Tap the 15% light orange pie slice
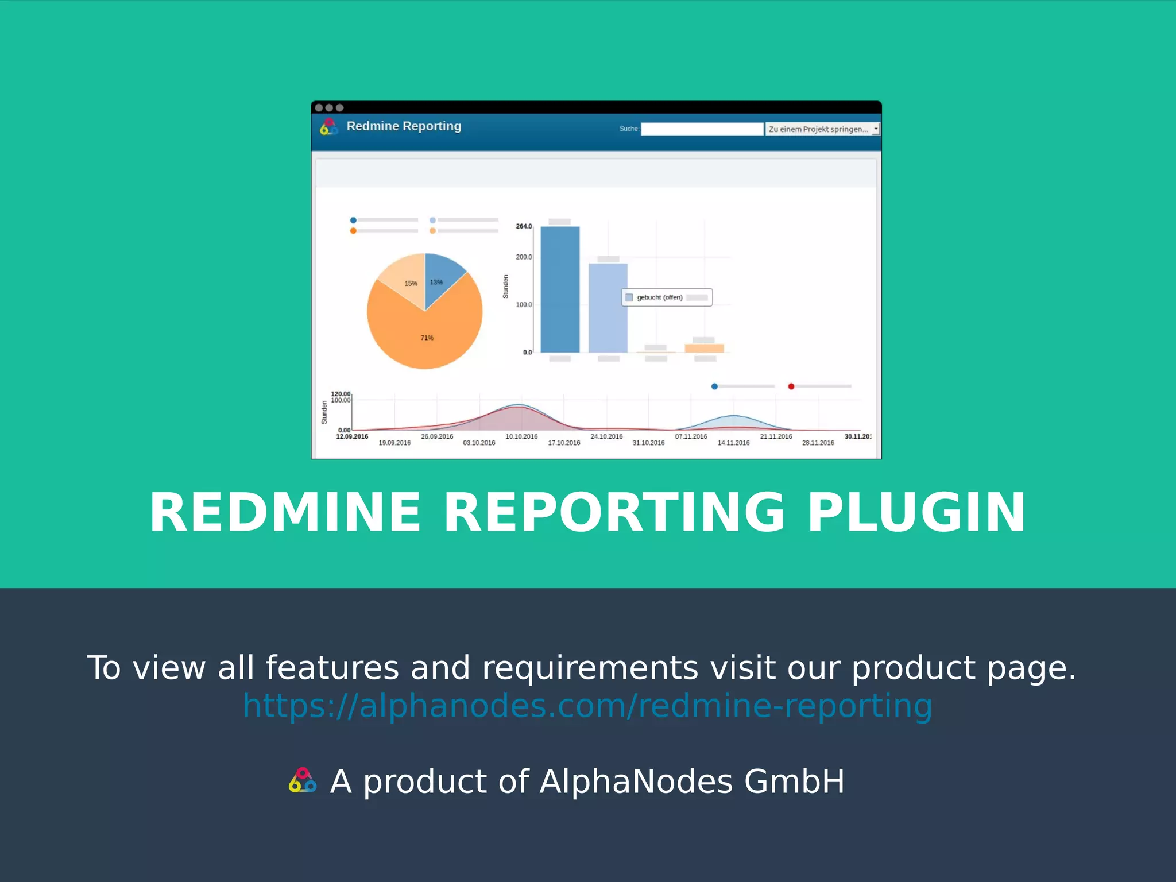point(405,278)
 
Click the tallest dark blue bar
point(560,290)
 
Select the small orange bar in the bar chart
point(704,348)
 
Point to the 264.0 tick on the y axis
point(524,226)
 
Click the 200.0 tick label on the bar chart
point(524,257)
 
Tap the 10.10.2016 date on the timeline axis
point(521,437)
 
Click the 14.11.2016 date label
point(733,443)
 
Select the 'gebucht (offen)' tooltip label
point(660,297)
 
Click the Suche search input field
point(702,129)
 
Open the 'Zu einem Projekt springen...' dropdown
point(822,129)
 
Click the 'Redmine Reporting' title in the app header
point(404,126)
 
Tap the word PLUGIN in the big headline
point(916,512)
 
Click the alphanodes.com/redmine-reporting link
point(587,705)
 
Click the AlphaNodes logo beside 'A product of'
point(303,781)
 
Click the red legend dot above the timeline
point(791,386)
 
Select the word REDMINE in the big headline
point(285,512)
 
